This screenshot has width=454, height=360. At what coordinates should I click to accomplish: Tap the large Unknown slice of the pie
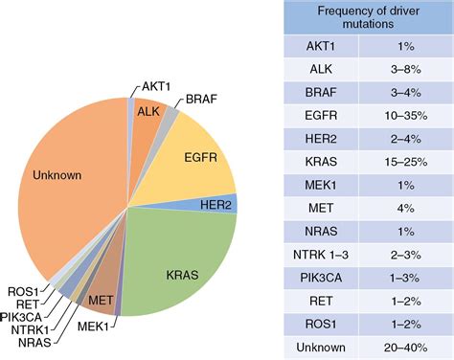pos(62,177)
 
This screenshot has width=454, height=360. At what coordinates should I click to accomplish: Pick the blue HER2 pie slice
pos(224,204)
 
